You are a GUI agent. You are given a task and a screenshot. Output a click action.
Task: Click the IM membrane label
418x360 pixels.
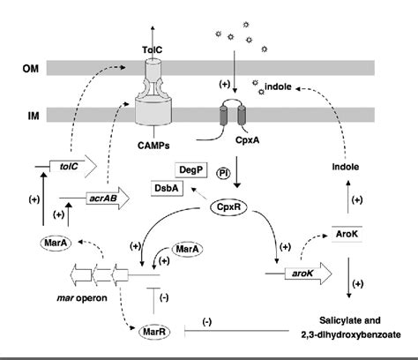pyautogui.click(x=26, y=114)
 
